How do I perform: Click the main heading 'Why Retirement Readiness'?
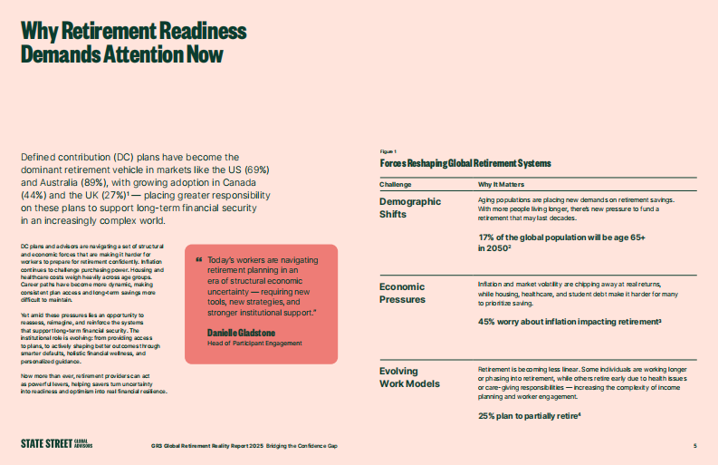133,33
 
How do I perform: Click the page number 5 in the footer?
694,445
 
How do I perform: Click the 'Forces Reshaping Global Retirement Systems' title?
465,163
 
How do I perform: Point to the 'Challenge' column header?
395,183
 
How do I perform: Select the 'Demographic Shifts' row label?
410,207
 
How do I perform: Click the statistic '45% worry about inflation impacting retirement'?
570,321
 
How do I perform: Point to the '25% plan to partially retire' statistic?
529,415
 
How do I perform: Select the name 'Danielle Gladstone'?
242,334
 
